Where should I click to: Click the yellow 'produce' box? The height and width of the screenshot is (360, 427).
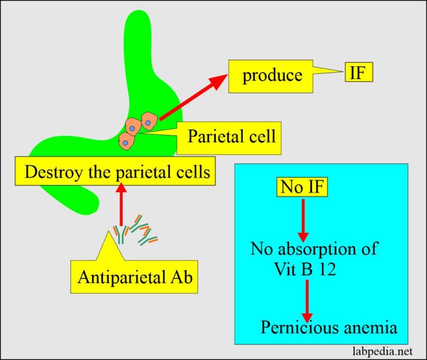271,75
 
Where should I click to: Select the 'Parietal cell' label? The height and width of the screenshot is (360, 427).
231,136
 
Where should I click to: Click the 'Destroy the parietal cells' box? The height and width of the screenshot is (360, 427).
117,172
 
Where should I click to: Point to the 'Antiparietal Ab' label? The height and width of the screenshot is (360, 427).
135,277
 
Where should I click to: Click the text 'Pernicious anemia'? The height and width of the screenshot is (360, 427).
329,327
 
